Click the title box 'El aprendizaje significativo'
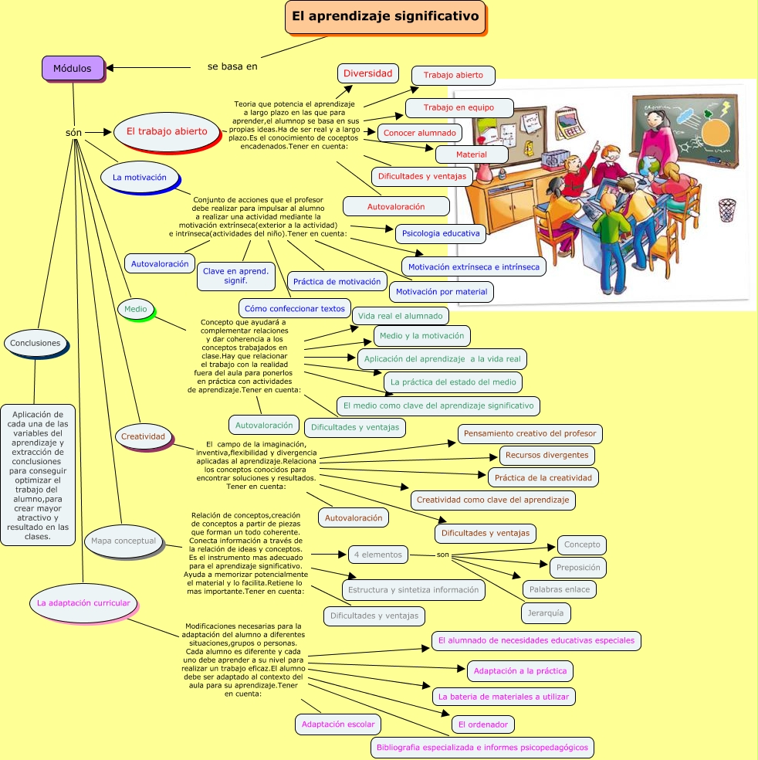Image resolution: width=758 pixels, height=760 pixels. (385, 17)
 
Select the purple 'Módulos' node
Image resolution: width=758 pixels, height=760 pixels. (73, 68)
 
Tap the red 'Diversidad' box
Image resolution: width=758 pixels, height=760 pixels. (367, 73)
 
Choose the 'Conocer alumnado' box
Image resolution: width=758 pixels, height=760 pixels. (420, 133)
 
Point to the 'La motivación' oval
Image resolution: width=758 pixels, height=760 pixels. (139, 177)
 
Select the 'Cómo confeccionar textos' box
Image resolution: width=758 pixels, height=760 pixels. (295, 309)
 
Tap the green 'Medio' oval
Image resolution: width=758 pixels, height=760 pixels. (136, 310)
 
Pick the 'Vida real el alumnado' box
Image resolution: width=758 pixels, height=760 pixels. (401, 315)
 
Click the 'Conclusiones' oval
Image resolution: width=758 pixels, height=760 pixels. (36, 343)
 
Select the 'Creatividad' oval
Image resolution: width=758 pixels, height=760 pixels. (143, 436)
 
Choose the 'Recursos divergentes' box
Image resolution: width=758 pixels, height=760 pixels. (547, 455)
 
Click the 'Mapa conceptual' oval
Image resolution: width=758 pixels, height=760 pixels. (124, 541)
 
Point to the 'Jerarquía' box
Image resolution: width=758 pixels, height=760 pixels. (546, 614)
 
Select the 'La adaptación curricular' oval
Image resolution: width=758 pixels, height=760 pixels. (83, 602)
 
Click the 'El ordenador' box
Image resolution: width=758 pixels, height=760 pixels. (482, 724)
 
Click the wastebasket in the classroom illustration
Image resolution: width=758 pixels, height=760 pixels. (726, 209)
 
